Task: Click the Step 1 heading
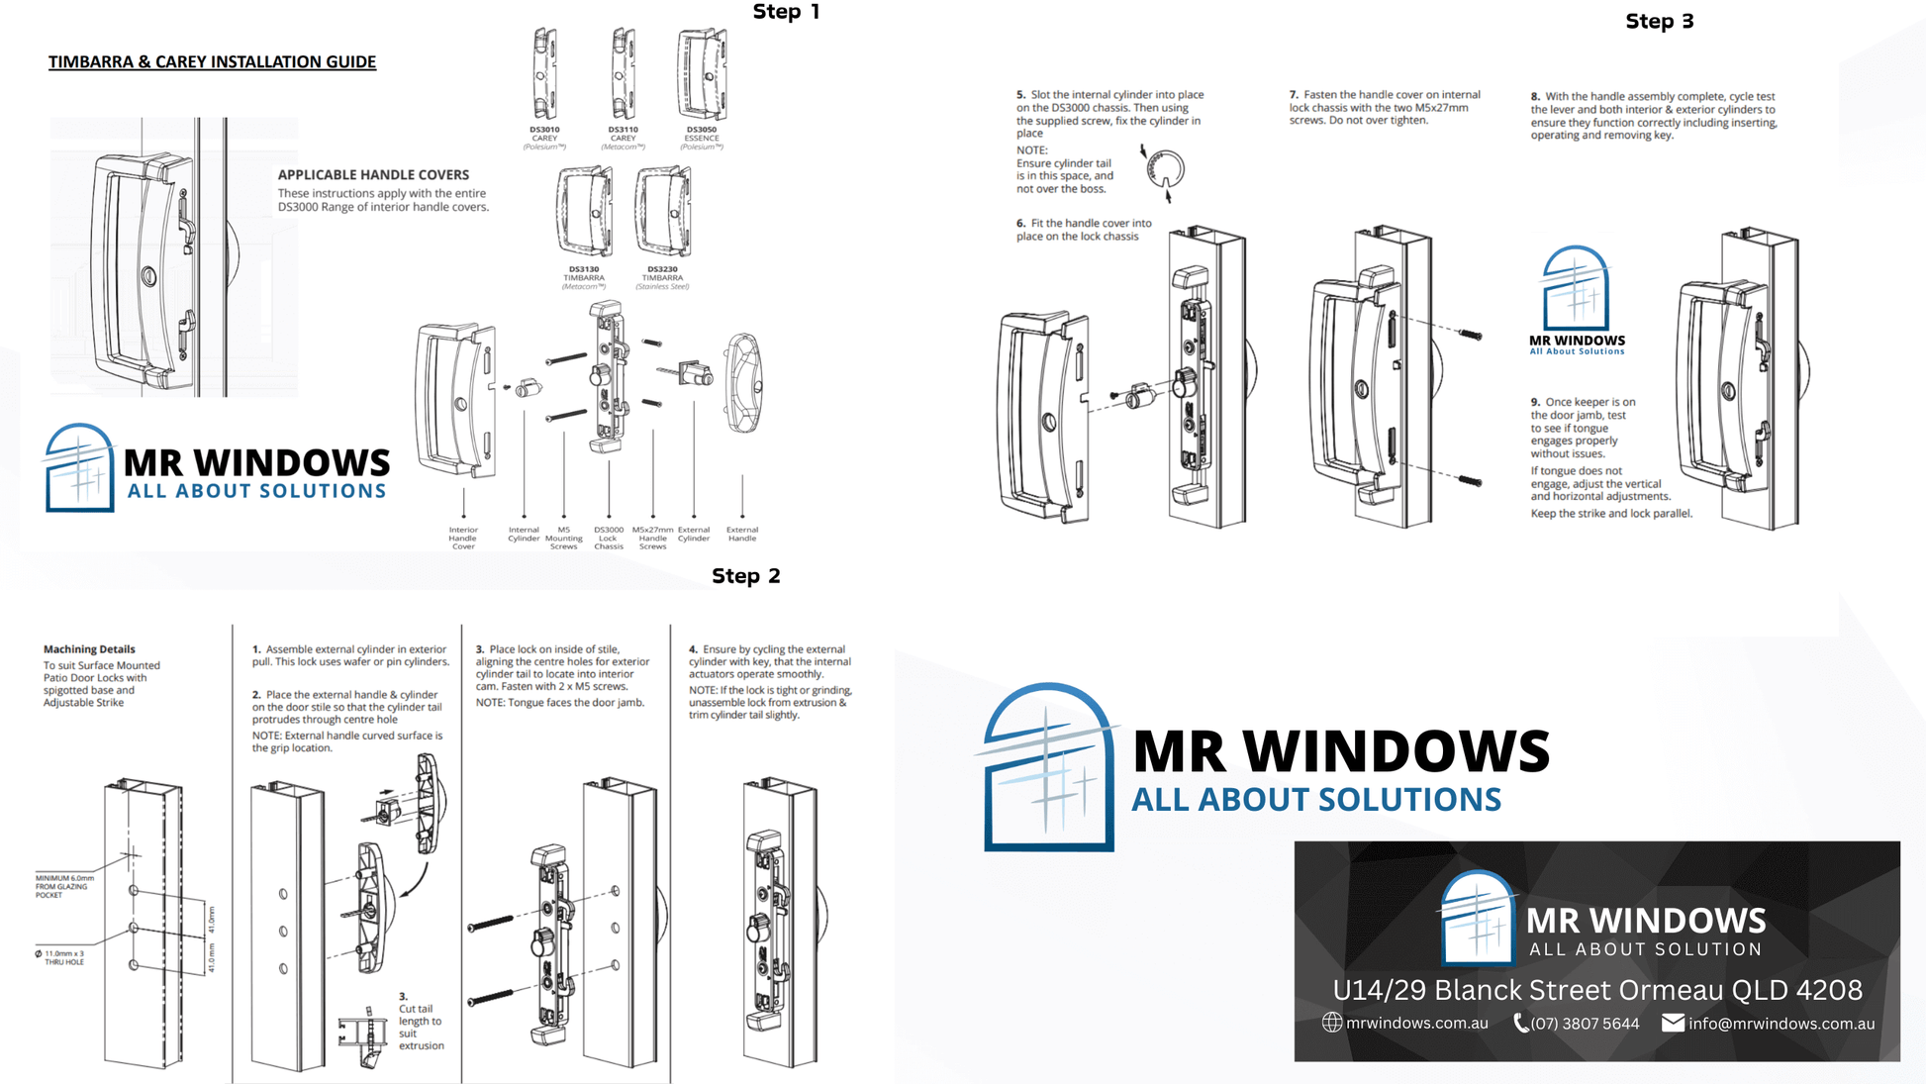pos(786,12)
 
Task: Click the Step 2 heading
pos(745,576)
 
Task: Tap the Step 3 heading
pos(1659,22)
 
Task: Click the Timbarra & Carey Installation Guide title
pos(212,61)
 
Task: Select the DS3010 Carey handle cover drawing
pos(544,74)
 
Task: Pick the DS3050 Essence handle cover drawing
pos(702,74)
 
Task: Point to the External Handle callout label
pos(741,534)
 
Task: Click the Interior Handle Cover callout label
pos(463,538)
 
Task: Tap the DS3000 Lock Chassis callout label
pos(608,538)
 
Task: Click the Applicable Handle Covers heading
pos(373,174)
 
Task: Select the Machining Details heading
pos(89,649)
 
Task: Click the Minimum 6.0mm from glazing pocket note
pos(64,886)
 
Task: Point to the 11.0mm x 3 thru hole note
pos(61,957)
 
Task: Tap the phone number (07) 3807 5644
pos(1584,1024)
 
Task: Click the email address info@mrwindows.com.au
pos(1781,1024)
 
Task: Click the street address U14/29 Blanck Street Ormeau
pos(1596,989)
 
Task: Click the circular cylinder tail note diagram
pos(1165,170)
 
